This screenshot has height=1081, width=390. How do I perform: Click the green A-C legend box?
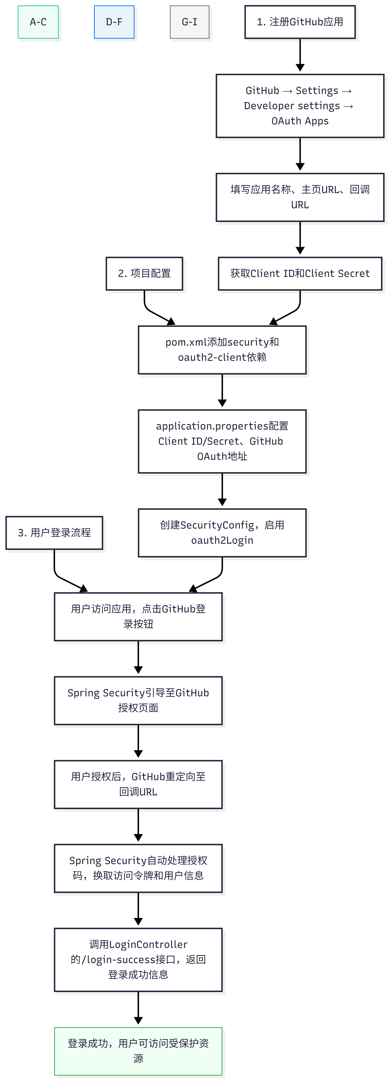click(38, 22)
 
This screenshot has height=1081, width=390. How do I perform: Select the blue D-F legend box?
click(114, 22)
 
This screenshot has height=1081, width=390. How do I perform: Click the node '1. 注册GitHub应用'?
click(300, 22)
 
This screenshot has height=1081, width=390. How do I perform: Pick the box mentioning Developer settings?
click(300, 106)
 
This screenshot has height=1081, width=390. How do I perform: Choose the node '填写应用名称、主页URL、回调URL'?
click(300, 197)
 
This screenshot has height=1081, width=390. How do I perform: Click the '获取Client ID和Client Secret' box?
click(300, 274)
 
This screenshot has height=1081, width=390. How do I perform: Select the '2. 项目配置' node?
click(144, 274)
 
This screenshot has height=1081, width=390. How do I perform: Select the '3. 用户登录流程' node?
click(54, 533)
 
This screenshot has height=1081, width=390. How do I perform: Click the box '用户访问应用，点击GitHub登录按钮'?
click(138, 617)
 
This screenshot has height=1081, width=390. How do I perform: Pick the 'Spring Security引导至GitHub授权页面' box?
click(138, 701)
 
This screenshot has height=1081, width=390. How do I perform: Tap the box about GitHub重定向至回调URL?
click(138, 785)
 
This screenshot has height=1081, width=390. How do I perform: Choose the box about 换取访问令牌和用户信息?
click(138, 869)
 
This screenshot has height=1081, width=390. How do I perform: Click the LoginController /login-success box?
click(138, 960)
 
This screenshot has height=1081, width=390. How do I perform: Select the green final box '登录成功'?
click(138, 1052)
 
